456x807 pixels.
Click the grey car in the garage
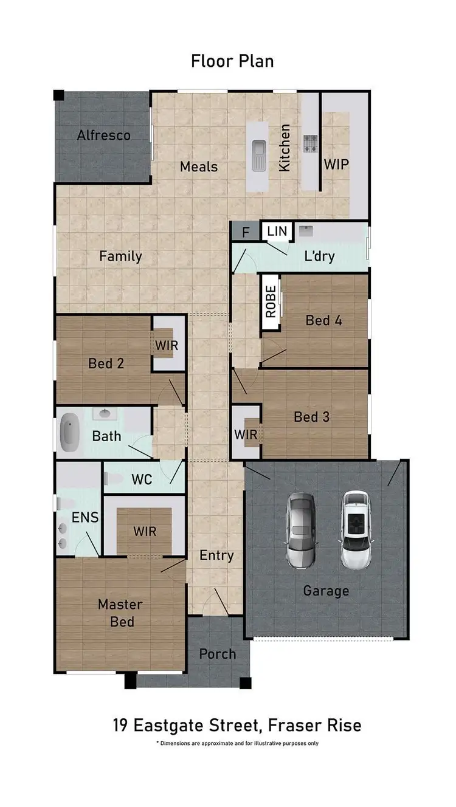point(301,530)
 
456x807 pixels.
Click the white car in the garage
point(356,530)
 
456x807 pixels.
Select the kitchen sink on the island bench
point(258,154)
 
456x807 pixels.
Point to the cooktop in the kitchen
point(311,143)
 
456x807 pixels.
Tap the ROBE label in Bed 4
point(271,301)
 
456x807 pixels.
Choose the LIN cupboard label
point(277,231)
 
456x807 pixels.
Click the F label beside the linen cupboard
point(246,232)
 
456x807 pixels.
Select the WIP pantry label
point(336,164)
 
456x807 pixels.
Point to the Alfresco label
point(103,135)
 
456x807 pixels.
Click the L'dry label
point(319,256)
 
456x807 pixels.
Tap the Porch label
point(218,654)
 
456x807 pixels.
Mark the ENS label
point(85,518)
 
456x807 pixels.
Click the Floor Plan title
point(232,61)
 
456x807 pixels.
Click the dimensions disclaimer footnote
point(237,743)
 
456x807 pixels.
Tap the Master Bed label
point(120,613)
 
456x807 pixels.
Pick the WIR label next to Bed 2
point(165,345)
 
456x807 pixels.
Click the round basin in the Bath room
point(105,414)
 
